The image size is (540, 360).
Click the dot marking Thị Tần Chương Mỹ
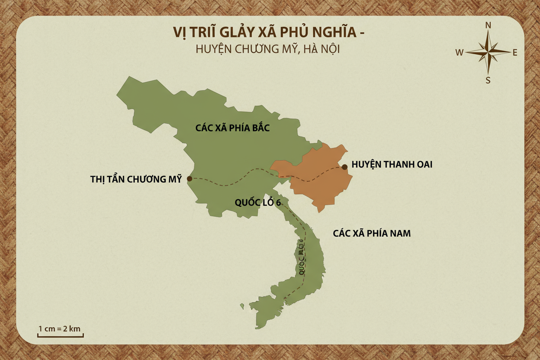click(190, 178)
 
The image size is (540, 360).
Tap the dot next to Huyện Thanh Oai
click(344, 167)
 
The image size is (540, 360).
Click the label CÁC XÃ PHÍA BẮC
click(232, 128)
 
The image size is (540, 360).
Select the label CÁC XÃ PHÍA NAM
click(372, 233)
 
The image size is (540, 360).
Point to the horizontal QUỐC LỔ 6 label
click(257, 202)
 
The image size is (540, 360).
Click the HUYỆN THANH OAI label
click(392, 164)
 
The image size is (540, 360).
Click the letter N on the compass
click(488, 25)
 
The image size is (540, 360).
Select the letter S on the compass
click(488, 80)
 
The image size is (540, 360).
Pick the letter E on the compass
click(515, 53)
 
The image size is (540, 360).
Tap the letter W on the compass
click(460, 53)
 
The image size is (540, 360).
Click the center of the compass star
click(488, 52)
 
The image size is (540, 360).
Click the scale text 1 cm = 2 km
click(60, 328)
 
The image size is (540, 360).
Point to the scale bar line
click(60, 336)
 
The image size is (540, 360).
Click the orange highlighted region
click(316, 177)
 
